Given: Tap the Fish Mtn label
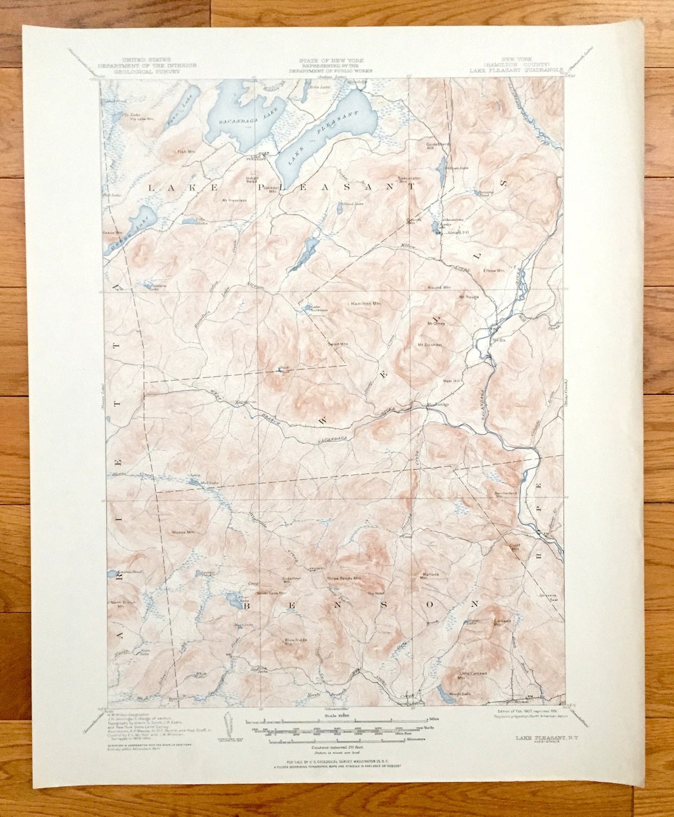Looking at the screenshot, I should (x=183, y=151).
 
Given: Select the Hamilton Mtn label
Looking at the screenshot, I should (x=366, y=303).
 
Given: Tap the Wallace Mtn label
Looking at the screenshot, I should (x=431, y=575).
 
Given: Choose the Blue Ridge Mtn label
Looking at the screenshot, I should (x=297, y=641).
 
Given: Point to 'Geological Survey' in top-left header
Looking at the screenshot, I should (x=147, y=71).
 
